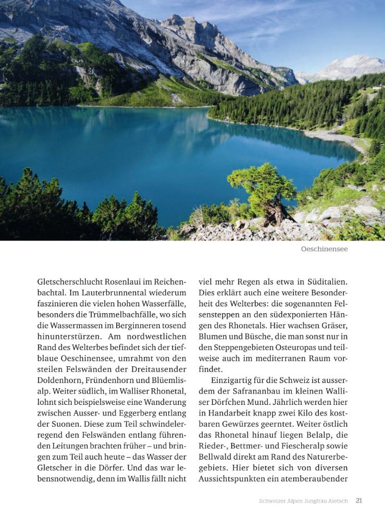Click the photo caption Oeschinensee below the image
[x=324, y=249]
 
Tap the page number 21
[x=359, y=501]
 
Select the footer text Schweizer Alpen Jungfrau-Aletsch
[x=304, y=501]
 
